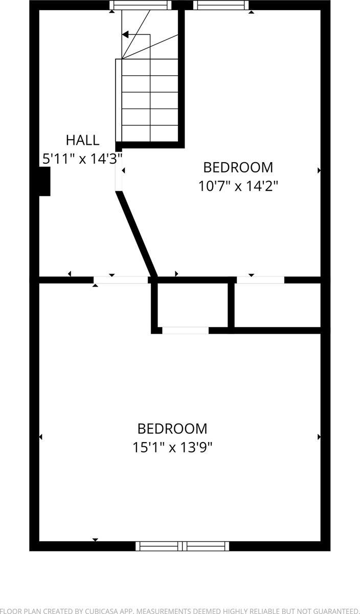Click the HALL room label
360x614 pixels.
[82, 140]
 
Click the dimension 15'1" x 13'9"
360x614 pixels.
[172, 447]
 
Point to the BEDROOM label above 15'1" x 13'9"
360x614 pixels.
[172, 428]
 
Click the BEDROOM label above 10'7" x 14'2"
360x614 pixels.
[238, 167]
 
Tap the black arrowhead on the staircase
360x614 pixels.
[125, 35]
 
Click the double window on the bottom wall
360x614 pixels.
[182, 546]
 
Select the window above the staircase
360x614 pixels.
[140, 5]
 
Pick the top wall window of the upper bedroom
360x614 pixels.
[220, 5]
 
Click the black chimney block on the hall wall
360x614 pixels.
[45, 182]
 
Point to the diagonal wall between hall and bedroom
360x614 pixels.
[137, 233]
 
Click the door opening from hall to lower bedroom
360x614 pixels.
[121, 280]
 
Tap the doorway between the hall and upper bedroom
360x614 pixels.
[119, 171]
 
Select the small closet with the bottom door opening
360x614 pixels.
[192, 304]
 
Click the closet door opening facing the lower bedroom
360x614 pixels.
[185, 331]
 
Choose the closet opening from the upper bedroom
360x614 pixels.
[260, 280]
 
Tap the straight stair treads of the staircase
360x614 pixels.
[150, 100]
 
